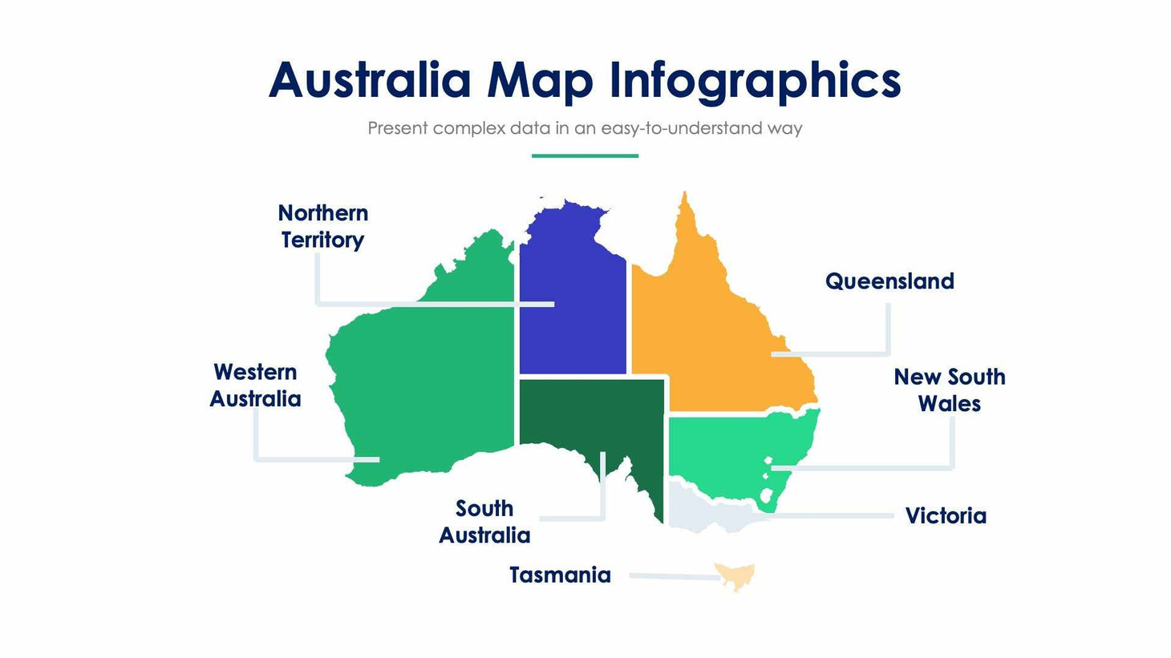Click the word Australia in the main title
[369, 80]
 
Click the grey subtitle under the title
[585, 128]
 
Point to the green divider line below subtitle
[585, 155]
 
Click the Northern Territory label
[322, 226]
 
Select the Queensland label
[889, 281]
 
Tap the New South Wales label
[950, 390]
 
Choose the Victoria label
[946, 515]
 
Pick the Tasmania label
[560, 575]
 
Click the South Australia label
[484, 522]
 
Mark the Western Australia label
[255, 386]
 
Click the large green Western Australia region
[425, 385]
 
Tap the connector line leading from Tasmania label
[674, 576]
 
